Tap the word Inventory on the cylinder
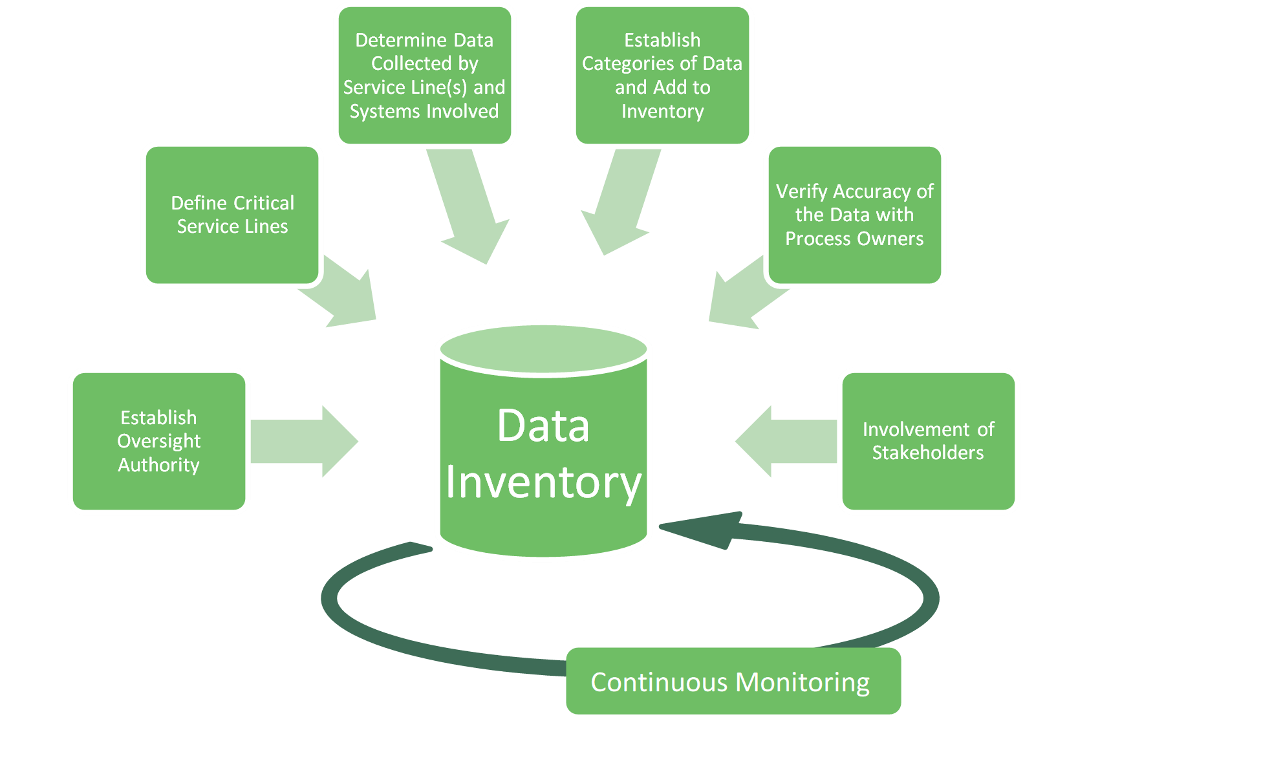click(x=543, y=482)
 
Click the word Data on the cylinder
click(x=543, y=426)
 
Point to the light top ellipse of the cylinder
click(x=543, y=348)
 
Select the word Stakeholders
click(x=928, y=453)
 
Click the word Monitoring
click(x=803, y=683)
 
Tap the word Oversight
click(x=159, y=441)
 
